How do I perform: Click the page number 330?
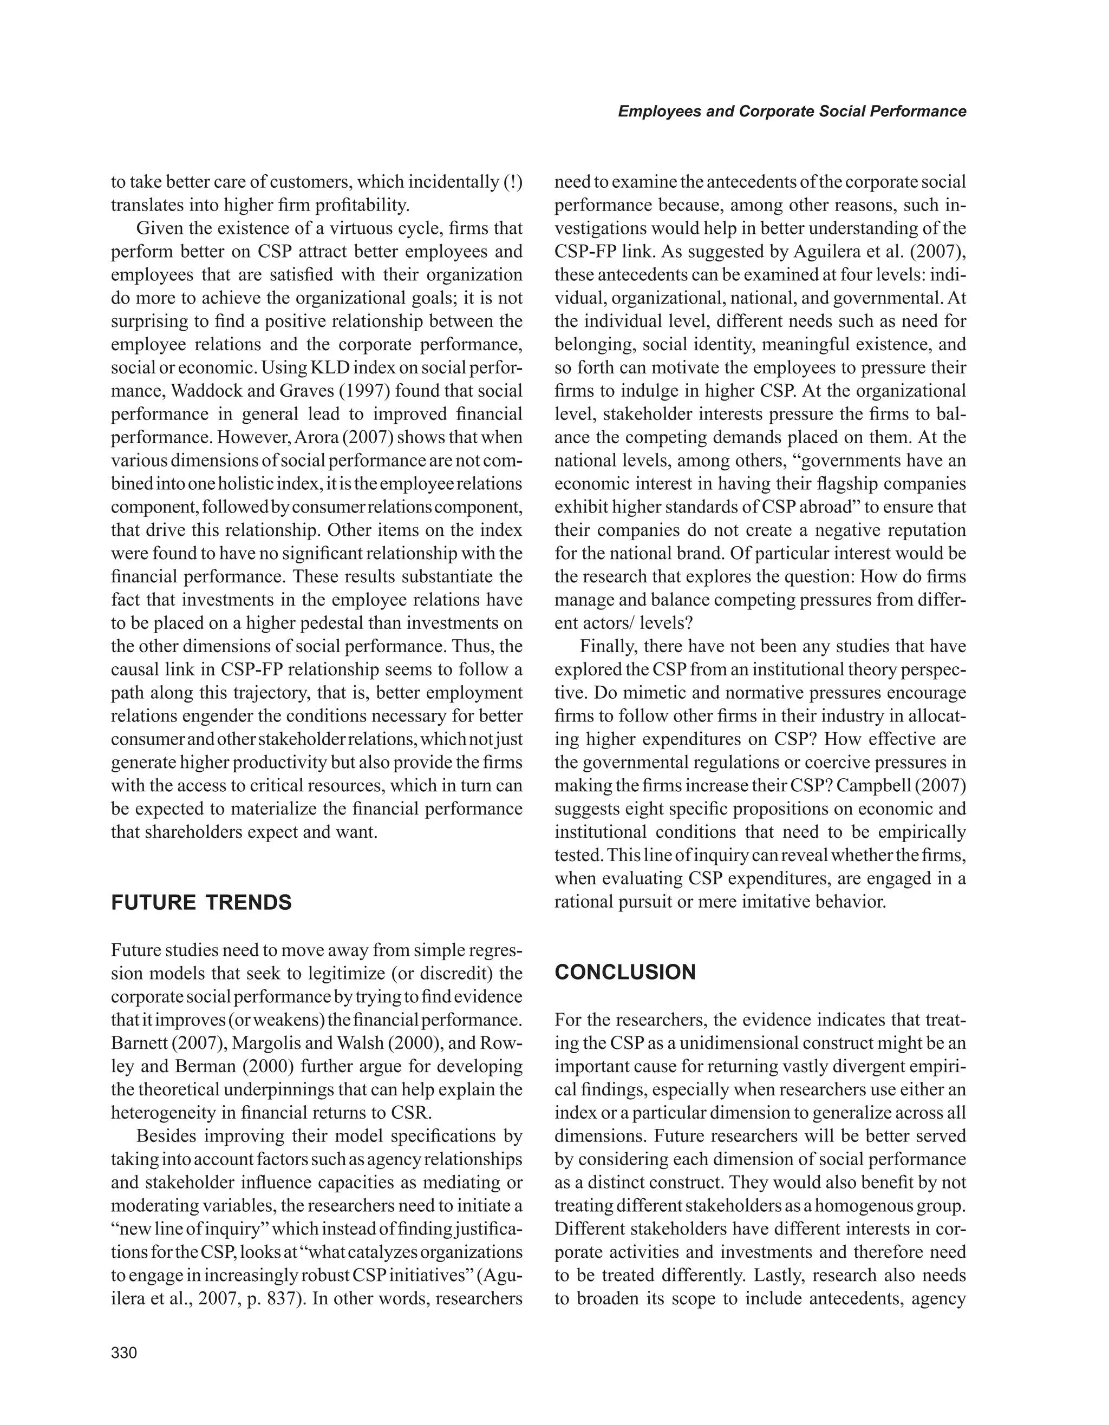pyautogui.click(x=124, y=1352)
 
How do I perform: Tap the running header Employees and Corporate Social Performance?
pyautogui.click(x=792, y=111)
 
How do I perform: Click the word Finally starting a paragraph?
pyautogui.click(x=607, y=646)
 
